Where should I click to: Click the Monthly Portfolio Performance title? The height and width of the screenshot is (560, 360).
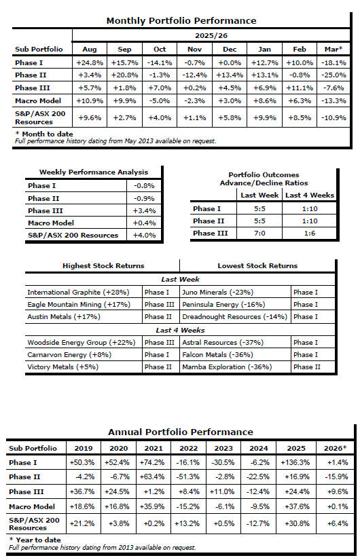click(x=181, y=21)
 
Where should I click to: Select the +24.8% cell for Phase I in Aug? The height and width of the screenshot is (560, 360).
click(x=90, y=63)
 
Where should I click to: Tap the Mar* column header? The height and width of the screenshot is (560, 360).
click(x=334, y=50)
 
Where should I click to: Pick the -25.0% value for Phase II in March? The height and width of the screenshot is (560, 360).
click(x=334, y=75)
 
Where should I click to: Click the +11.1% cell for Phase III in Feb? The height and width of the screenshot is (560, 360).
click(x=300, y=88)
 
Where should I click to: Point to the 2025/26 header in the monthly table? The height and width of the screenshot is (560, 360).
click(x=211, y=36)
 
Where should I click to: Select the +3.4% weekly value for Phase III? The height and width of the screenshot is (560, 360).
click(x=144, y=210)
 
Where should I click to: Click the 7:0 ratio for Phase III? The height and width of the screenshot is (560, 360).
click(x=259, y=234)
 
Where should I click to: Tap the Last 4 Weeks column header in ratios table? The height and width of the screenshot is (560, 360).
click(x=310, y=195)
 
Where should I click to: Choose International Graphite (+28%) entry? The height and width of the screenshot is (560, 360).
click(x=78, y=292)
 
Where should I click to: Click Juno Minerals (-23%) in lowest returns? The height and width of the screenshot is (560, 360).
click(x=218, y=292)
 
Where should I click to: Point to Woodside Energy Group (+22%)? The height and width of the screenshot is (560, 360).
click(x=82, y=343)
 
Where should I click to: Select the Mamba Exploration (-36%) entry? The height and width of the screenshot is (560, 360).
click(x=227, y=367)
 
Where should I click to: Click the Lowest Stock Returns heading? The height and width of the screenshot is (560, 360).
click(x=257, y=265)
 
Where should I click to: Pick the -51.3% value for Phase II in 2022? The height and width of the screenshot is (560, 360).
click(x=188, y=477)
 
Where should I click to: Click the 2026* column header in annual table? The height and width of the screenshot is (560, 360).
click(x=335, y=448)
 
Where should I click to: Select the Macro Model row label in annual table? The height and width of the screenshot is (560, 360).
click(x=32, y=506)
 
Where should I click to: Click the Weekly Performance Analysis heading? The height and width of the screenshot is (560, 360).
click(x=93, y=172)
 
